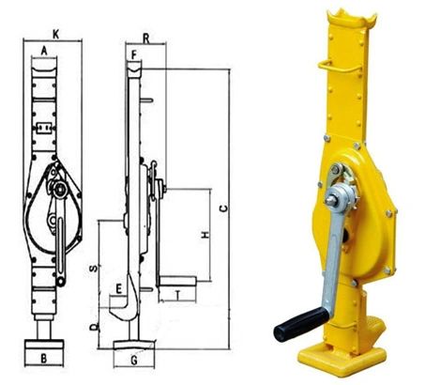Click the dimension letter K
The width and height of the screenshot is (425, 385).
[55, 34]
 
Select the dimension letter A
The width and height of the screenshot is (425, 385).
[44, 50]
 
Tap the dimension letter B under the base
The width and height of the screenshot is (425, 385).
[44, 359]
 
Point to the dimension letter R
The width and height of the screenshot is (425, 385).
[146, 38]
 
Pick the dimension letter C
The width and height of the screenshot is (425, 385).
[223, 208]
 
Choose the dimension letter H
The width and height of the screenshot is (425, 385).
[205, 235]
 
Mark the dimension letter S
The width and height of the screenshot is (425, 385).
[94, 269]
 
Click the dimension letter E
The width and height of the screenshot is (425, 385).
[118, 288]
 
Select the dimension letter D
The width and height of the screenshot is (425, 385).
[94, 328]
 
